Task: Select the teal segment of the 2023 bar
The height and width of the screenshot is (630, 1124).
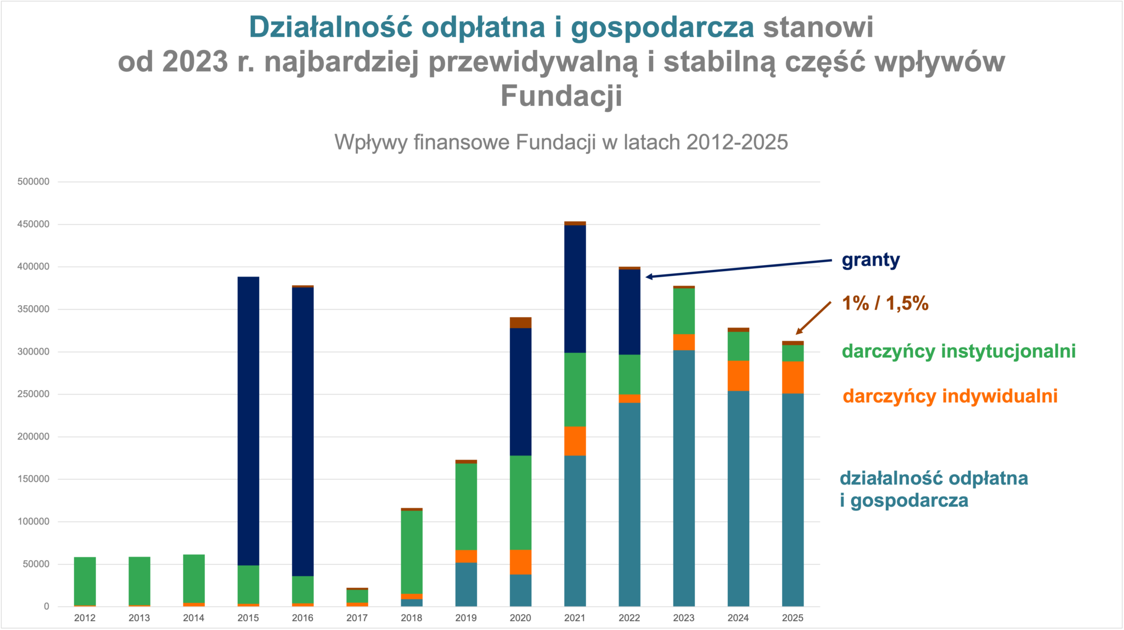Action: (x=684, y=478)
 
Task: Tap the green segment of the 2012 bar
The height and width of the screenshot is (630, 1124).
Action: (x=85, y=581)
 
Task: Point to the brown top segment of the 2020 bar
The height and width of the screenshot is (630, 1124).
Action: (x=520, y=323)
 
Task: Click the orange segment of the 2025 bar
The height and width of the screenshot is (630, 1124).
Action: (x=793, y=378)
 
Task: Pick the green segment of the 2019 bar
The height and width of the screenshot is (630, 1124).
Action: (x=466, y=507)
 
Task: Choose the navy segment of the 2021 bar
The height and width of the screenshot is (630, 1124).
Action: (x=575, y=289)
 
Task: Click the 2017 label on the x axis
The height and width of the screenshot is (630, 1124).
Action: (x=357, y=618)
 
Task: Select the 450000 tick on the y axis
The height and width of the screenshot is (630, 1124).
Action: (x=33, y=224)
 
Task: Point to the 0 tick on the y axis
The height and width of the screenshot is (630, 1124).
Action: (x=47, y=606)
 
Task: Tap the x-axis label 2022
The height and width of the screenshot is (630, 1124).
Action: (x=629, y=618)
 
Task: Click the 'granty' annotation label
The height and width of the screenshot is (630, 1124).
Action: (x=870, y=260)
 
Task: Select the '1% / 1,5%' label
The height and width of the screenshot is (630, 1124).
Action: (x=885, y=303)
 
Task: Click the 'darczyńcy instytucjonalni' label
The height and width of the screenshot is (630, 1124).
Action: (x=958, y=351)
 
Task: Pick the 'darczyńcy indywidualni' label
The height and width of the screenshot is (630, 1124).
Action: (x=949, y=396)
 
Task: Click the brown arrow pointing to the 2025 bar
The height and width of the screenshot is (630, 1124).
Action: (x=813, y=318)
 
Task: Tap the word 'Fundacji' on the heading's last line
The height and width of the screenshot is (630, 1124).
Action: (x=561, y=96)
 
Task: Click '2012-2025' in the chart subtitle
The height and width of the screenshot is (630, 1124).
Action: (x=737, y=142)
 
